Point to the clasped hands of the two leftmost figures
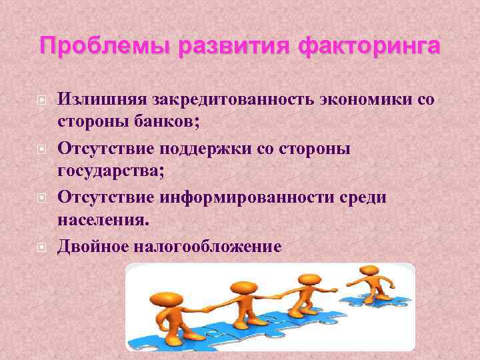click(207, 309)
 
